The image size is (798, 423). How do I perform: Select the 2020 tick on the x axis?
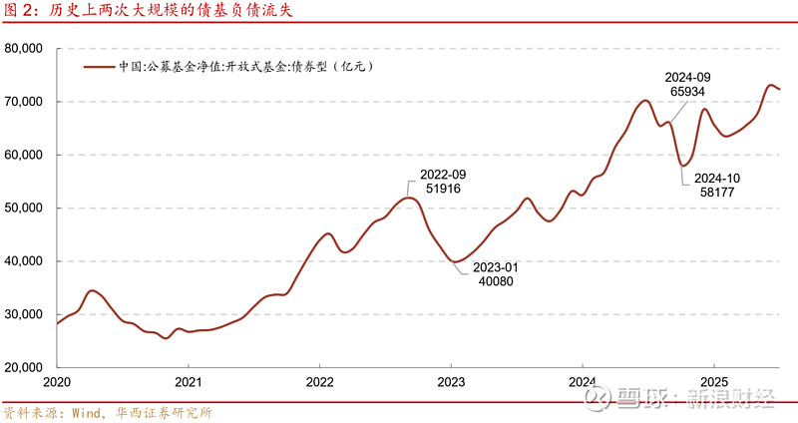(57, 382)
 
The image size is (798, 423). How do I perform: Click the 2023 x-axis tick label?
(451, 382)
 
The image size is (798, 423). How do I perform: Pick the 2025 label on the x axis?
(713, 382)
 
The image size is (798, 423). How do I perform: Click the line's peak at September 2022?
(407, 198)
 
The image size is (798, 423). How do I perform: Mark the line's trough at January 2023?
(455, 261)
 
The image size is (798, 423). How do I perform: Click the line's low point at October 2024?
(682, 165)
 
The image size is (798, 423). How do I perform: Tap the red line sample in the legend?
(99, 68)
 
